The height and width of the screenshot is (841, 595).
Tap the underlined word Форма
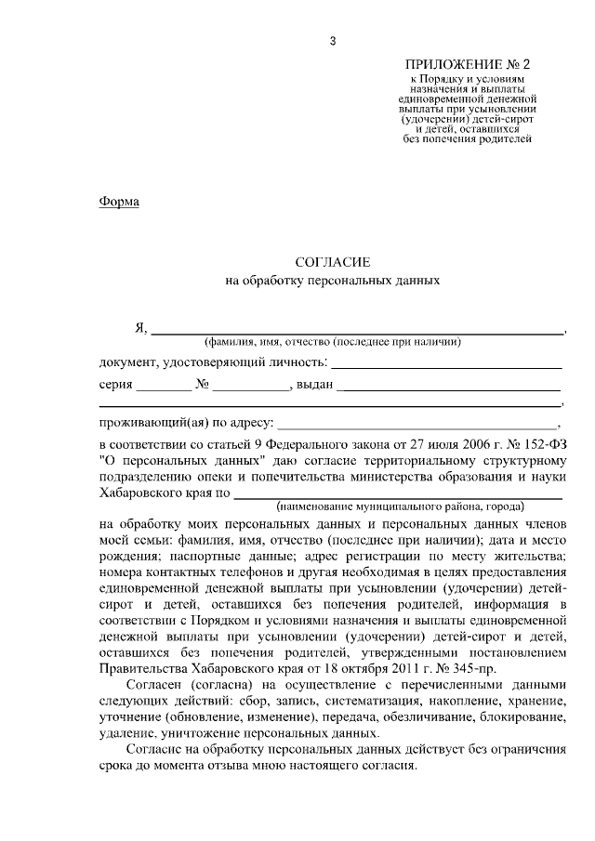119,202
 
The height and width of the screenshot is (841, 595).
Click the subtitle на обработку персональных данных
331,279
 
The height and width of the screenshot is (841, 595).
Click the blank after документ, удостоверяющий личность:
447,362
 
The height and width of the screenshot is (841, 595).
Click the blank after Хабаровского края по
399,493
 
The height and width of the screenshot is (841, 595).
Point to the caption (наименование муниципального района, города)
400,507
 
